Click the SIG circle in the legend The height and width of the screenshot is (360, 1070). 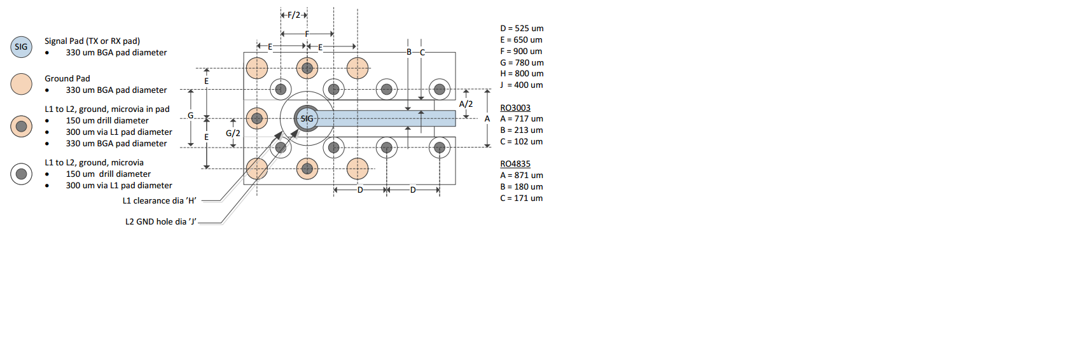point(21,47)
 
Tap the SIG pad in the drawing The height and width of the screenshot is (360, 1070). point(307,118)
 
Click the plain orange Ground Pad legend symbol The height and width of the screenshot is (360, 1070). point(21,84)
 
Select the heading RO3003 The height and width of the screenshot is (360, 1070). point(515,108)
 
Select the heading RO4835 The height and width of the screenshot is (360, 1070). point(515,164)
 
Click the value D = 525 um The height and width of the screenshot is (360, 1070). point(522,29)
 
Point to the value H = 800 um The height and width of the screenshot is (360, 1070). point(522,74)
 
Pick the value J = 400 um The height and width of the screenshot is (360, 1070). point(522,85)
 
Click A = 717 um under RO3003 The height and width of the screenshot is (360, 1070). point(522,119)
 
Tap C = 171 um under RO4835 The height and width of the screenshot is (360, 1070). point(522,198)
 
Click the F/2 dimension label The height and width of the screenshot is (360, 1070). point(293,15)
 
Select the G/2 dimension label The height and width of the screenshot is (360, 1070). point(233,134)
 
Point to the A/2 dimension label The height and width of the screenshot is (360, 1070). point(466,104)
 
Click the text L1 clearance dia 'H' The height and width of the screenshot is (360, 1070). point(159,201)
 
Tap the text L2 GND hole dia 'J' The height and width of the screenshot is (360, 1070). point(160,222)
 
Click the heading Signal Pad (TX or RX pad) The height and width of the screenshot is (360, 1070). point(92,41)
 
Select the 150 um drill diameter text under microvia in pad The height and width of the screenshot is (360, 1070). point(107,121)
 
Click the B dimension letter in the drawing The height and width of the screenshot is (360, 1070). point(409,52)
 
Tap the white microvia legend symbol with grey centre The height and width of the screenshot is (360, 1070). point(21,174)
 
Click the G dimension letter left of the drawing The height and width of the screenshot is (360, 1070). point(190,116)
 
